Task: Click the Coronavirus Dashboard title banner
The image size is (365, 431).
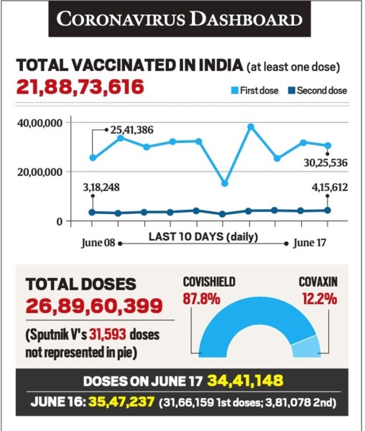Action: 180,19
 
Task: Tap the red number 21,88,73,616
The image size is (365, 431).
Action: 80,87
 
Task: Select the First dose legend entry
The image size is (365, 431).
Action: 255,91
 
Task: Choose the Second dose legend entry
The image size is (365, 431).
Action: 318,91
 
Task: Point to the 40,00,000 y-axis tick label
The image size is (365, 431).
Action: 40,123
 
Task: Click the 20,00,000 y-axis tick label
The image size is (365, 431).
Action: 40,172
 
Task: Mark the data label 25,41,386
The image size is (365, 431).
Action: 132,130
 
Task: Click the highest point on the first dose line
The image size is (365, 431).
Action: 251,126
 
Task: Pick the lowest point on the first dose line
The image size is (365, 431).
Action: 225,183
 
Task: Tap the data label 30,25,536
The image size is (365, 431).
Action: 325,163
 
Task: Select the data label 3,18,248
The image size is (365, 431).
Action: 101,187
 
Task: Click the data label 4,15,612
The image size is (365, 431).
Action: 330,187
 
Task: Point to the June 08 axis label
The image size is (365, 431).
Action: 98,243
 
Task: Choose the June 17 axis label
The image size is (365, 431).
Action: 310,243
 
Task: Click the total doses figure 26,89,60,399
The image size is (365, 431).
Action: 94,306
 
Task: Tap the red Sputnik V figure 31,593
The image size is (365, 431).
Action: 108,335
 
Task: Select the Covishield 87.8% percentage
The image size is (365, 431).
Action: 201,299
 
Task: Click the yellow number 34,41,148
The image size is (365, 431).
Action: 245,381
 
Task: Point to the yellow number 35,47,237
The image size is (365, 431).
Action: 121,402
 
